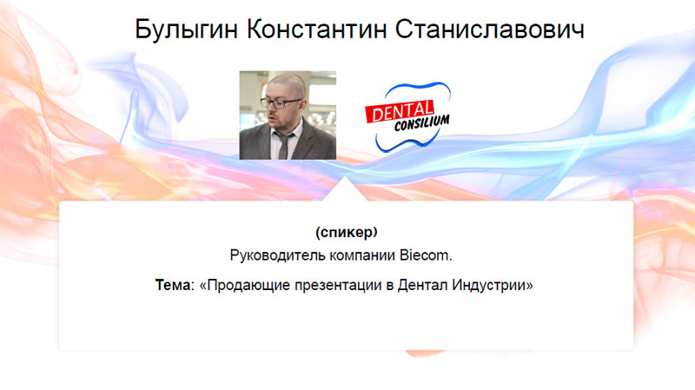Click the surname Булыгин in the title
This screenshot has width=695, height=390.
click(186, 30)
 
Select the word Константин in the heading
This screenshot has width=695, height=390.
click(316, 30)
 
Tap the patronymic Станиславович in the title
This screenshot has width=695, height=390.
click(490, 30)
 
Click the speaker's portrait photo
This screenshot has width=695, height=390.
click(288, 116)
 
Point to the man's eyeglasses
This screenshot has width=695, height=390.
click(280, 103)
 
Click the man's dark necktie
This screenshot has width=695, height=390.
click(284, 145)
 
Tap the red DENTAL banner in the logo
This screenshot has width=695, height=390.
click(399, 111)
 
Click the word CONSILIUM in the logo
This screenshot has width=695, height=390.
click(421, 122)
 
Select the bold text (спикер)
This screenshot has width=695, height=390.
click(346, 232)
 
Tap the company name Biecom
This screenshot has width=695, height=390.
click(426, 255)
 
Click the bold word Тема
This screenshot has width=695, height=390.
click(172, 285)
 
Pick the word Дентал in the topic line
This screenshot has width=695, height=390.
click(423, 285)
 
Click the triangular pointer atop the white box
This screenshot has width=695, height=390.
click(344, 190)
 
